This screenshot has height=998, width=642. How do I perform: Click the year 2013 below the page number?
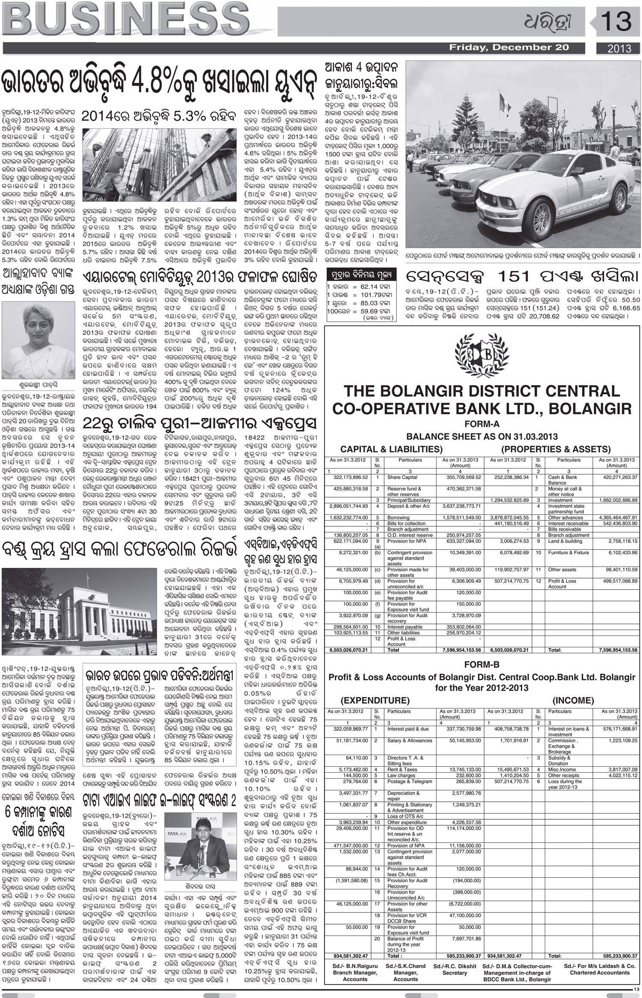coord(619,48)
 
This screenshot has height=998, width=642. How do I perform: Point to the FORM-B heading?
coord(481,665)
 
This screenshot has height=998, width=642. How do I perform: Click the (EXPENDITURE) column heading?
coord(375,700)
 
